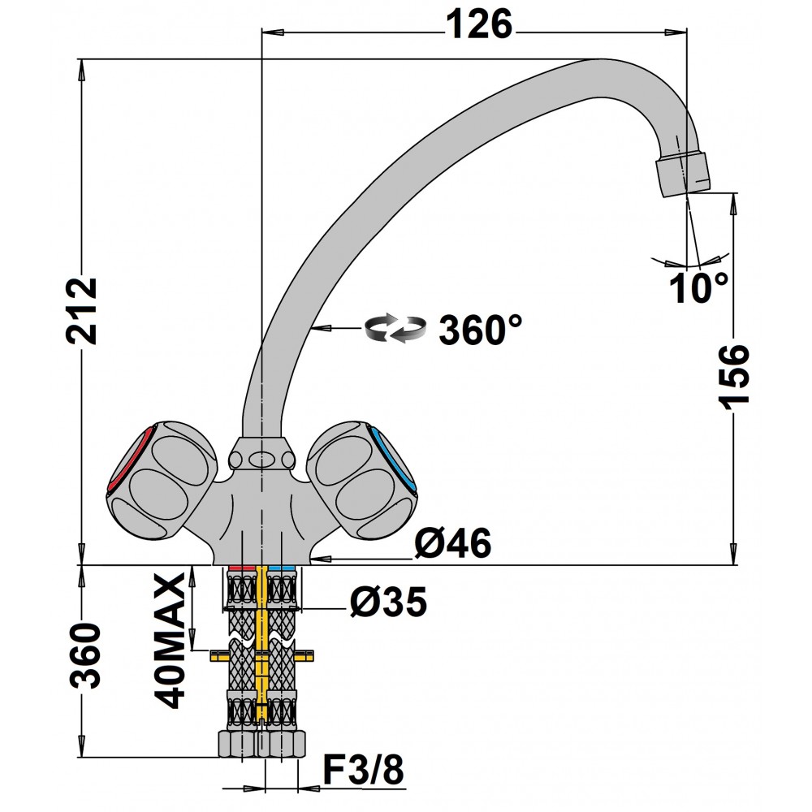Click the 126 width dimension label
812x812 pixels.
tap(479, 24)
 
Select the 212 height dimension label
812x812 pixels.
tap(82, 311)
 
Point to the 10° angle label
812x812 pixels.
tap(698, 288)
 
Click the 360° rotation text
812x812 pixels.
tap(481, 330)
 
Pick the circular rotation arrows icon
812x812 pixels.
tap(395, 328)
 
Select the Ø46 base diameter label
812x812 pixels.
tap(453, 542)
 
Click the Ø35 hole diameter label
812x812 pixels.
tap(388, 603)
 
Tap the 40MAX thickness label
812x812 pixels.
tap(170, 641)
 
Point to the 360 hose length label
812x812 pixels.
tap(85, 655)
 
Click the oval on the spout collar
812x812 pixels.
tap(262, 459)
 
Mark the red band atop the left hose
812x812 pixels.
tap(242, 568)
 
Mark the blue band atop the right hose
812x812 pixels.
tap(283, 568)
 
